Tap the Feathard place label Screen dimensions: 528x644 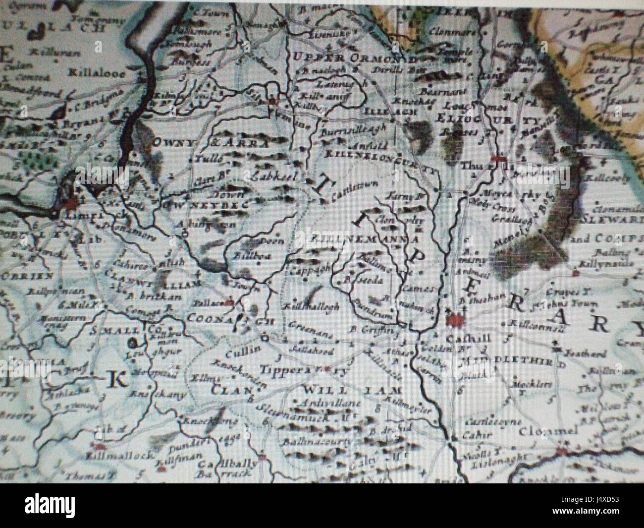[590, 353]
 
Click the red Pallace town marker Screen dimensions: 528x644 [230, 302]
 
